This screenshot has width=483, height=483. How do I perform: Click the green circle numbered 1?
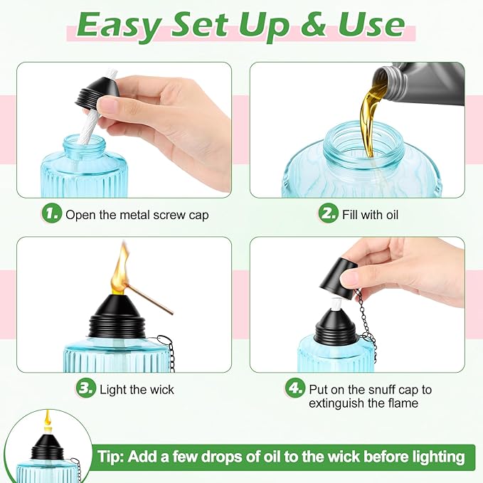click(52, 213)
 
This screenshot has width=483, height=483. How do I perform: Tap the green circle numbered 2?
click(329, 213)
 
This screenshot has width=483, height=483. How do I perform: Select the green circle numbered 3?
click(86, 388)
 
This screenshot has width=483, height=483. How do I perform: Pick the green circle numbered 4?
click(295, 388)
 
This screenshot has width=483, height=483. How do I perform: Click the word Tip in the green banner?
click(110, 457)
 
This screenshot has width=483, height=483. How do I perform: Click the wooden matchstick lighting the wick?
click(150, 299)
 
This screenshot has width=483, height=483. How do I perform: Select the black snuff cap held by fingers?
click(338, 279)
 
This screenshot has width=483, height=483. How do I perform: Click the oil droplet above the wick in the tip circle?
click(48, 418)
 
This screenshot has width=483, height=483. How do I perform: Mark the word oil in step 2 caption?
click(391, 215)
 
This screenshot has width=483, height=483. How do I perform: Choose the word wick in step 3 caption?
click(161, 390)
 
